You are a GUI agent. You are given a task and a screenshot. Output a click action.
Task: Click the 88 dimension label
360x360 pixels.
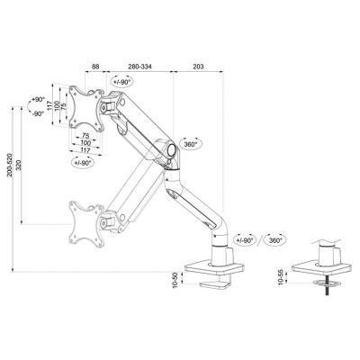coord(95,67)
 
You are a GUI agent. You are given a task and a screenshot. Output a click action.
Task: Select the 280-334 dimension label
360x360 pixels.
coord(139,67)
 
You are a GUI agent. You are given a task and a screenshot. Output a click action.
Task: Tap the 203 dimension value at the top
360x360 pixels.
coord(198,67)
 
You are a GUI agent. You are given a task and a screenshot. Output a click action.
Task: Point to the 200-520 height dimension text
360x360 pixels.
coord(10,165)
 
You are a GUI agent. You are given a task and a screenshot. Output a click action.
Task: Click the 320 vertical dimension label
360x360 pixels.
coord(19,165)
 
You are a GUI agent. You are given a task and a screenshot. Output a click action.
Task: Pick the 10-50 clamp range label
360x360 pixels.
coord(175,280)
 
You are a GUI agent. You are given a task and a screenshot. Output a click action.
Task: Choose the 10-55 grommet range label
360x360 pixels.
coord(281,277)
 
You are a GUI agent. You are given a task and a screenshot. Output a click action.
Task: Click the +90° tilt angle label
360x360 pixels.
coord(38,99)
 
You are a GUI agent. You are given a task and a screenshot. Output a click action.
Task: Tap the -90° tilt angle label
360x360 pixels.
coord(38,113)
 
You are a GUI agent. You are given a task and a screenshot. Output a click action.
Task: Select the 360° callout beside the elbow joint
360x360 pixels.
coord(191,144)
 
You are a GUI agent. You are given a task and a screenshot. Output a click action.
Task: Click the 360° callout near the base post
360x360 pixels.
coord(275,240)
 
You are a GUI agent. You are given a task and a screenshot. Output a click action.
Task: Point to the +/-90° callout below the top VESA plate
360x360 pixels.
coord(83,162)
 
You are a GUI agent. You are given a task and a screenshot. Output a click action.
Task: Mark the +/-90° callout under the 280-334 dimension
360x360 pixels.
coord(121,81)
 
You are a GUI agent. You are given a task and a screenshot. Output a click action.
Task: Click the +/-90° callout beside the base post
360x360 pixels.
coord(245,240)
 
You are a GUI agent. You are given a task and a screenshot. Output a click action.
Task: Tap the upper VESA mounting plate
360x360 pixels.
coord(86,109)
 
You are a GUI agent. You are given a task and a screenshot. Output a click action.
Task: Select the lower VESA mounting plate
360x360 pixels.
coord(86,224)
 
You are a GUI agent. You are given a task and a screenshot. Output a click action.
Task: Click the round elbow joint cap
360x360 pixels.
coord(172,149)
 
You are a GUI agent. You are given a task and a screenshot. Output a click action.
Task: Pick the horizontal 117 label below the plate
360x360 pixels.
coord(85,149)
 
